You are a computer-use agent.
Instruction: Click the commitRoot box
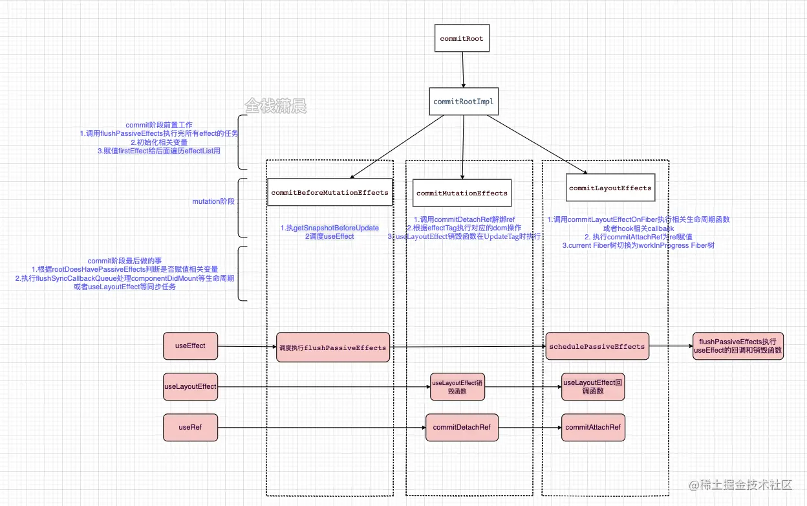[461, 39]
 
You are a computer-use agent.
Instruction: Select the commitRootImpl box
[463, 102]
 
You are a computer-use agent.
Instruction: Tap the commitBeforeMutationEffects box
[330, 192]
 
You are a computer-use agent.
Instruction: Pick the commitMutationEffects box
[462, 193]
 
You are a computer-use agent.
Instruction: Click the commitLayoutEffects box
[610, 188]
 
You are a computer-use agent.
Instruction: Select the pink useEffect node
[190, 346]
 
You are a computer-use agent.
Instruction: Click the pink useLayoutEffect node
[190, 386]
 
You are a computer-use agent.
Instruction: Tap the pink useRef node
[190, 427]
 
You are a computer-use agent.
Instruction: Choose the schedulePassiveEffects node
[596, 347]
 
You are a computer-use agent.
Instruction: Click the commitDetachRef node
[462, 428]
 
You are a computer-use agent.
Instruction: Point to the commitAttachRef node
[593, 428]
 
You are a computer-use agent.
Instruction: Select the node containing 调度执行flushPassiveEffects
[334, 347]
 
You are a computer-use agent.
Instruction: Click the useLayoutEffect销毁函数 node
[457, 387]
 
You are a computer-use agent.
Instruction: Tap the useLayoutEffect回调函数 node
[593, 387]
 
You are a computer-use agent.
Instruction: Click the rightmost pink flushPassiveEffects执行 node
[738, 346]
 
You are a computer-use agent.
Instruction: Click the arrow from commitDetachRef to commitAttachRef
[530, 428]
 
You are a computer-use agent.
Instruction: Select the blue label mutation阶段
[213, 202]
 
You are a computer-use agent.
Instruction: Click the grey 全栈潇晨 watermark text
[275, 105]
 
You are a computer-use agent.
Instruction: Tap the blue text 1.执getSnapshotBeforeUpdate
[329, 228]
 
